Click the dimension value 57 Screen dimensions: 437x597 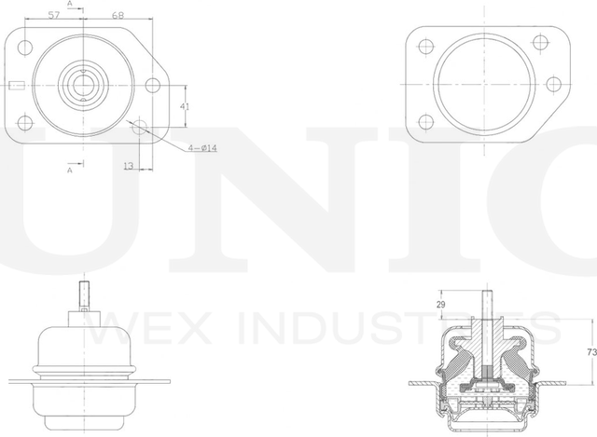pyautogui.click(x=54, y=16)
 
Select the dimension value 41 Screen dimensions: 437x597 pyautogui.click(x=185, y=107)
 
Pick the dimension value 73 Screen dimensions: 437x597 pyautogui.click(x=590, y=352)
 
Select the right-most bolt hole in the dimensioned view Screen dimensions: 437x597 pyautogui.click(x=154, y=87)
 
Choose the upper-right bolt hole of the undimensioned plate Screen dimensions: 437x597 pyautogui.click(x=539, y=42)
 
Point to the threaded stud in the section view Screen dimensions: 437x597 pyautogui.click(x=486, y=304)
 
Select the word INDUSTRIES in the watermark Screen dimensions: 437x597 pyautogui.click(x=391, y=329)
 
